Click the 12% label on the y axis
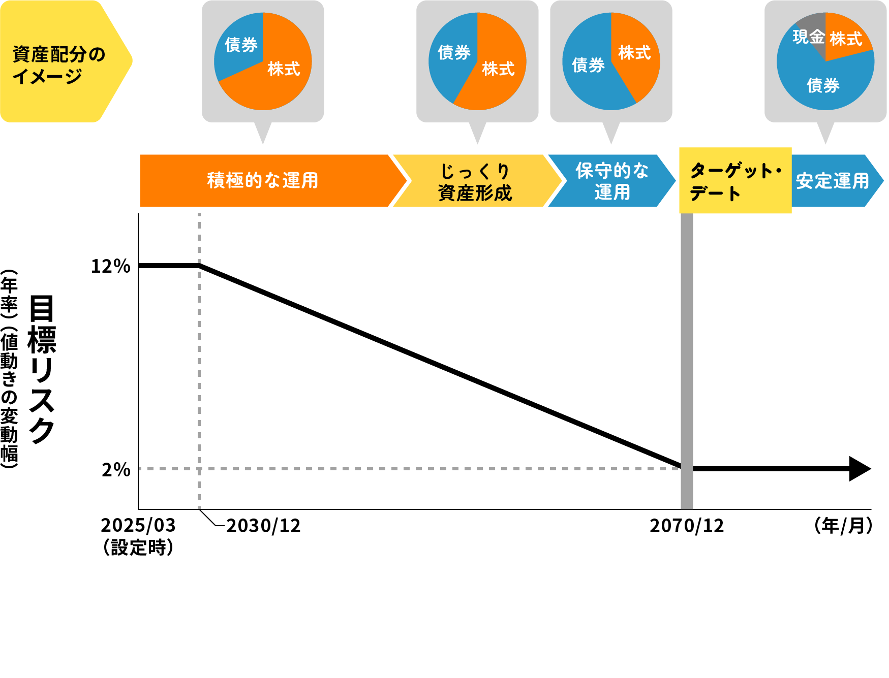(110, 266)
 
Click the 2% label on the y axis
(116, 470)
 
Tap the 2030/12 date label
(263, 526)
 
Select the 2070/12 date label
(687, 526)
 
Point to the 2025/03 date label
(138, 525)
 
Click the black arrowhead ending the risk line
(860, 469)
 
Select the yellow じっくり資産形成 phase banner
(475, 181)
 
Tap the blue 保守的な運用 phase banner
(611, 181)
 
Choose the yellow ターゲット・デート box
(735, 181)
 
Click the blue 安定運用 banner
(833, 181)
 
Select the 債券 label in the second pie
(454, 52)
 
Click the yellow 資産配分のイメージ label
(58, 65)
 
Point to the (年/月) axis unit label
(843, 526)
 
